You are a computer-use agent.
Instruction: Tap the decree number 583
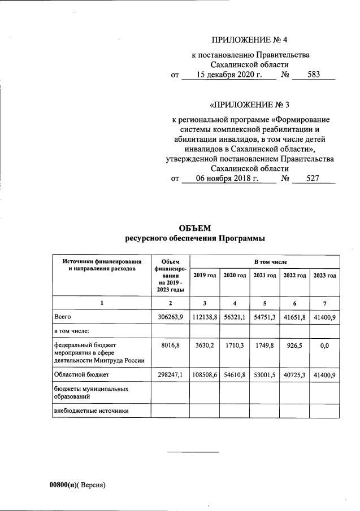[x=314, y=75]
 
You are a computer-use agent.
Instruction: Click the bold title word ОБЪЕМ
[x=194, y=228]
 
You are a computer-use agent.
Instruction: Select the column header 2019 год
[x=205, y=275]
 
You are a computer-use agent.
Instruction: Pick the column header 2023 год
[x=324, y=275]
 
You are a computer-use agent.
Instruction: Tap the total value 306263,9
[x=170, y=317]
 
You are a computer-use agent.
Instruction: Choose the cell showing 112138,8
[x=205, y=317]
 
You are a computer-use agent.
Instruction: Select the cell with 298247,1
[x=170, y=374]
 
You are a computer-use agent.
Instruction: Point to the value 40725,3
[x=294, y=374]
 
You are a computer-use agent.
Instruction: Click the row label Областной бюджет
[x=81, y=374]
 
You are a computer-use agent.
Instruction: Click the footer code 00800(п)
[x=64, y=484]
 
